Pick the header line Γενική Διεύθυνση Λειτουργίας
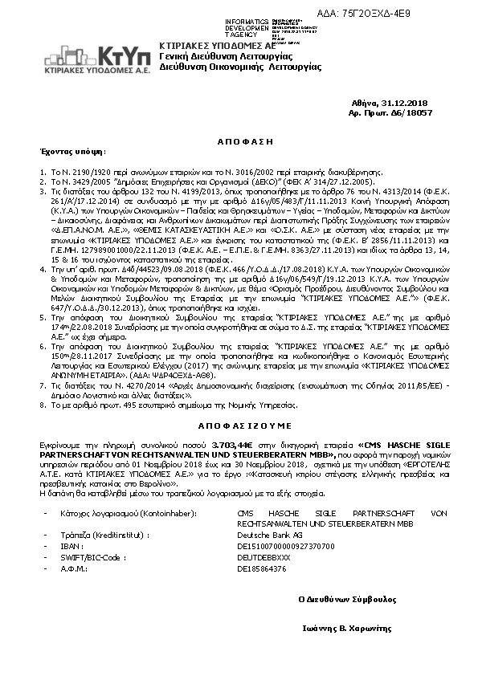211,59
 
